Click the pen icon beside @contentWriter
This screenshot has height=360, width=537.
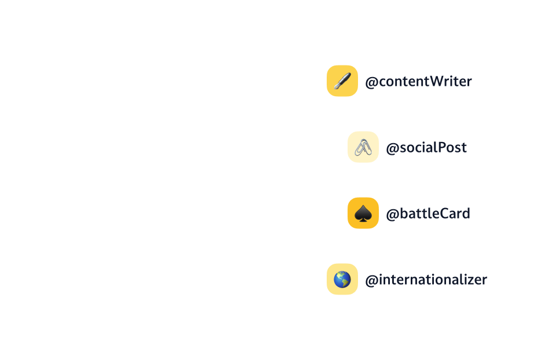tap(342, 81)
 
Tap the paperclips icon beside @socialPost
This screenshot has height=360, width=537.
tap(363, 147)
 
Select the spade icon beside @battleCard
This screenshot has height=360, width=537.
tap(363, 213)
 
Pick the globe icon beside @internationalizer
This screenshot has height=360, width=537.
tap(342, 279)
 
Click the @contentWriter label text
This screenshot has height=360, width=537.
tap(418, 82)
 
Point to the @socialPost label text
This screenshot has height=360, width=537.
tap(426, 148)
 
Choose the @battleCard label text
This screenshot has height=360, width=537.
tap(428, 214)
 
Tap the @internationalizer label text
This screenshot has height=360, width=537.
tap(426, 280)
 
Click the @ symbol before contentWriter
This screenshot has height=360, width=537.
tap(371, 82)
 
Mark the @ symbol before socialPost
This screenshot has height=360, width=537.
tap(392, 148)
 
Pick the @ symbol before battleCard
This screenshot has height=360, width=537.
tap(392, 214)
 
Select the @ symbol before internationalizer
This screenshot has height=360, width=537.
tap(371, 281)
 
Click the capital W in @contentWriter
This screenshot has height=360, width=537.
tap(439, 82)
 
